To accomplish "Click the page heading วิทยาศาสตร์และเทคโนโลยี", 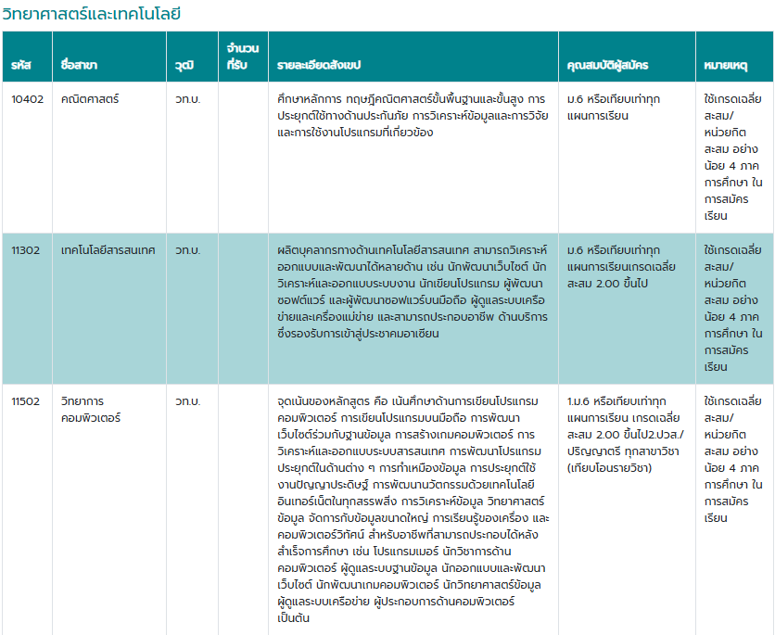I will (x=91, y=14).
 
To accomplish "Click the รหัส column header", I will (x=20, y=66).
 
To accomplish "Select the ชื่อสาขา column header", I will (x=79, y=66).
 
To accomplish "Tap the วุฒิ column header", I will (x=184, y=66).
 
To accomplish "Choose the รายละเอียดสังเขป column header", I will (x=319, y=66).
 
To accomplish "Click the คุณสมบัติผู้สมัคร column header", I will (x=607, y=66).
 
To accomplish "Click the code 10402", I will (x=27, y=99).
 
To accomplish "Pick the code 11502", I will (x=26, y=401).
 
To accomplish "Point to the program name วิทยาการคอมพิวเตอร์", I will (x=88, y=410).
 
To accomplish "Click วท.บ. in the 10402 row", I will (x=187, y=99).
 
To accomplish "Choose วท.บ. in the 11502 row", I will (x=187, y=401).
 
